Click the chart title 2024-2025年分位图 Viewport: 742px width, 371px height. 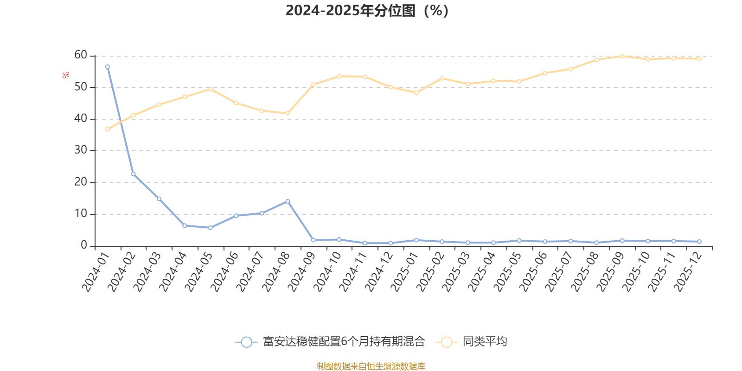point(366,10)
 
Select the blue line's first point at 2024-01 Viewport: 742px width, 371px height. point(108,67)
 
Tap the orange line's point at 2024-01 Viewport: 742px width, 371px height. point(108,129)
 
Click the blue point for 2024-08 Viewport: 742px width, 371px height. point(288,201)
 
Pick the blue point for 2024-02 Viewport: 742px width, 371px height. point(133,174)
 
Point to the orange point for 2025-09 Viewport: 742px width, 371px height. point(622,56)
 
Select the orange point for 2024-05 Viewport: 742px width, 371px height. point(211,89)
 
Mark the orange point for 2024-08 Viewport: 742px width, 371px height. point(288,113)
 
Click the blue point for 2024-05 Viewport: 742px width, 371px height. point(211,228)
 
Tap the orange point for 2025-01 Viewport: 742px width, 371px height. point(416,93)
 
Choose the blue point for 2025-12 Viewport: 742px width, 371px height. point(699,242)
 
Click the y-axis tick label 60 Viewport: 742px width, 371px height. point(81,55)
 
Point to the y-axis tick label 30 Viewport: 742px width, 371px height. point(81,150)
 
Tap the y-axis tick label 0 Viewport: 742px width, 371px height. point(84,245)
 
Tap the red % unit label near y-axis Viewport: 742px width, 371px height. point(66,75)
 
